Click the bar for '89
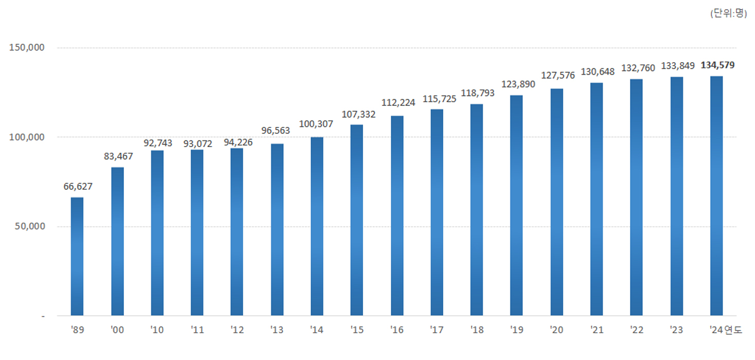coord(77,256)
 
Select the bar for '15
coord(356,220)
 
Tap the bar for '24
coord(716,195)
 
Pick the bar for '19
coord(516,205)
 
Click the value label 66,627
coord(78,186)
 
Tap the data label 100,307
coord(316,124)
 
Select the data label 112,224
coord(397,102)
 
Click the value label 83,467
coord(118,156)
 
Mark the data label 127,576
coord(558,76)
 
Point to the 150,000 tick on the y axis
coord(27,48)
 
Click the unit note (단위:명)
coord(728,14)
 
